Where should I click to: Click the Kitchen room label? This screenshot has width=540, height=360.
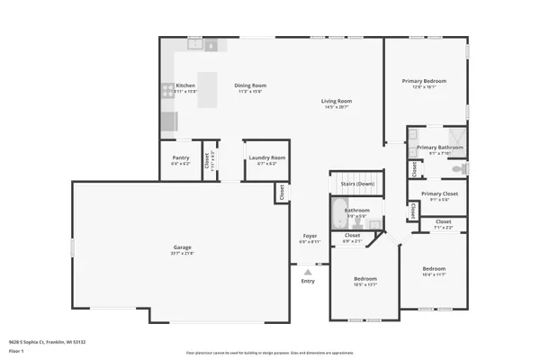(184, 86)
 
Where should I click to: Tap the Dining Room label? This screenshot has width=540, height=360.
(251, 86)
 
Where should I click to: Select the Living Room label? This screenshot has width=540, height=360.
(337, 101)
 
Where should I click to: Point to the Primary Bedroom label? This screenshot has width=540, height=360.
(424, 81)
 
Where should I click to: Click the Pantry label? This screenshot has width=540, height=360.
(180, 158)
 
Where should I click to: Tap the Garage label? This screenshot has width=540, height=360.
(183, 247)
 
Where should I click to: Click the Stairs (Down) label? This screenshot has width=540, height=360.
(357, 184)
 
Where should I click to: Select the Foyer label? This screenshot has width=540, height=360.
(309, 236)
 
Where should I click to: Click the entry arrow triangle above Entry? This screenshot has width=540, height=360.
(309, 270)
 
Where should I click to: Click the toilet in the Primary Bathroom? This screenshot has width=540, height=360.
(459, 168)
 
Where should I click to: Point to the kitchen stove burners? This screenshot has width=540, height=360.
(167, 90)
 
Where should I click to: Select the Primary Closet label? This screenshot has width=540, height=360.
(439, 193)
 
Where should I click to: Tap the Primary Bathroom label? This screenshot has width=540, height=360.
(439, 148)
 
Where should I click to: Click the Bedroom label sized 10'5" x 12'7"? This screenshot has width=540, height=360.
(364, 279)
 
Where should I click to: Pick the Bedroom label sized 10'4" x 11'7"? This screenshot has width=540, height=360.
(435, 269)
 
